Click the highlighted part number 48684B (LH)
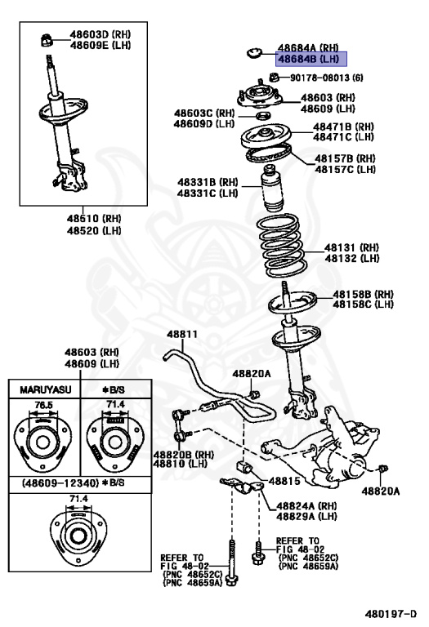[x=311, y=60]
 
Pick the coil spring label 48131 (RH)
[x=352, y=247]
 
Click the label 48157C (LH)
[x=346, y=169]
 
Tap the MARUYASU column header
[x=42, y=389]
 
